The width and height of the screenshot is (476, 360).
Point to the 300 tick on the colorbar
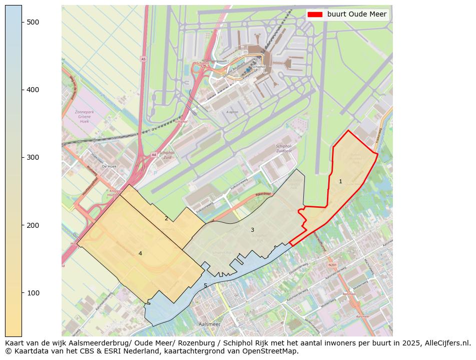pyautogui.click(x=23, y=157)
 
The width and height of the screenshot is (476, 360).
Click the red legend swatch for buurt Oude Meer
pyautogui.click(x=315, y=14)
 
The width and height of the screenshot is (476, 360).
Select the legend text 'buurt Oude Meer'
pyautogui.click(x=357, y=14)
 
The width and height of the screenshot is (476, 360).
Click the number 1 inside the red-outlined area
pyautogui.click(x=340, y=181)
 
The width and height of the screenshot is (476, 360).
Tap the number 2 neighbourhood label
pyautogui.click(x=166, y=218)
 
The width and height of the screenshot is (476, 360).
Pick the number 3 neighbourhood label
pyautogui.click(x=252, y=230)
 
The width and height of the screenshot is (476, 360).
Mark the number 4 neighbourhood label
pyautogui.click(x=140, y=253)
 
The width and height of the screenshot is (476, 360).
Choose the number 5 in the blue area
pyautogui.click(x=205, y=285)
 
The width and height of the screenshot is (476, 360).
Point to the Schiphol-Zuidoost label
pyautogui.click(x=287, y=149)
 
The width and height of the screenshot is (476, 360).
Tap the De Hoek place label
pyautogui.click(x=109, y=166)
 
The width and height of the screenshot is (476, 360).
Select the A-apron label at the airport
pyautogui.click(x=231, y=112)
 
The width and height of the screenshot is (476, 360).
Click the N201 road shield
pyautogui.click(x=332, y=265)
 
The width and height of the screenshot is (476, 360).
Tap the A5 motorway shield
pyautogui.click(x=143, y=59)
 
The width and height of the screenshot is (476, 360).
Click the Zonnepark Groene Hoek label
pyautogui.click(x=84, y=117)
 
